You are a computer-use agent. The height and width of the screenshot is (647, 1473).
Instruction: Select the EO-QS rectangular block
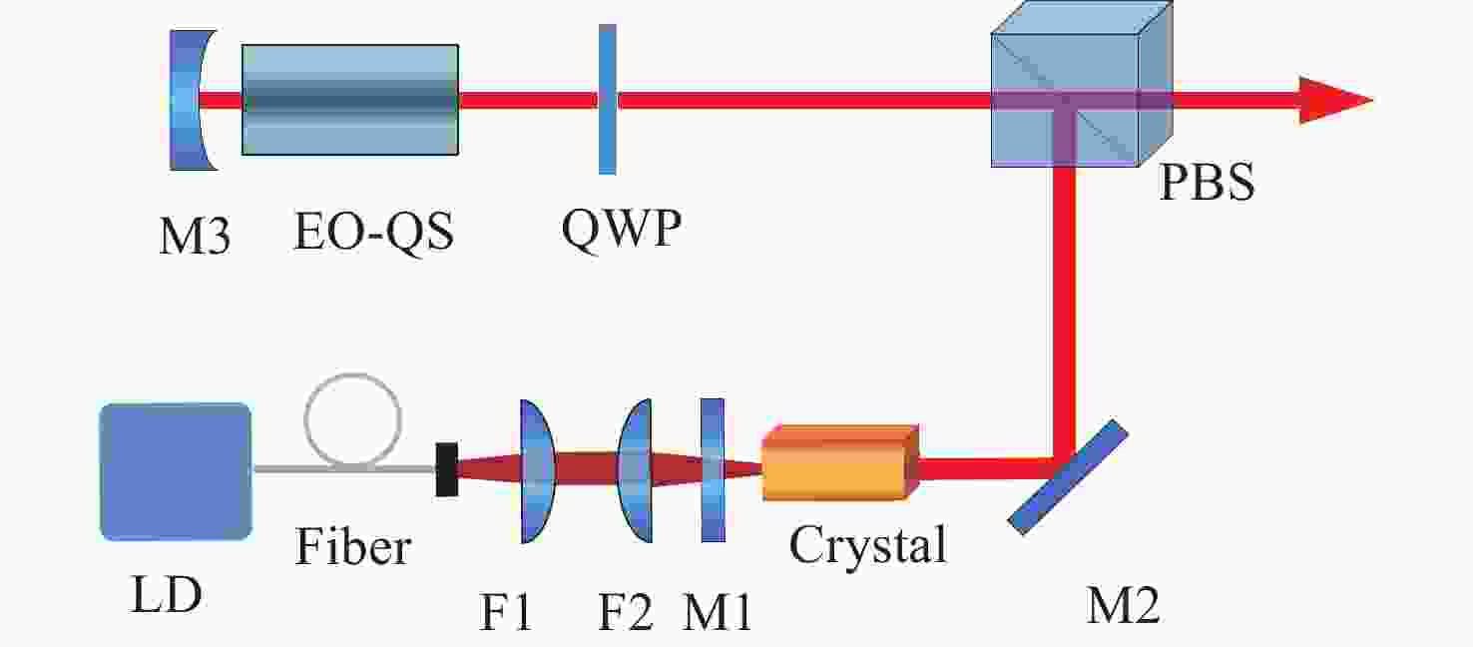(x=350, y=100)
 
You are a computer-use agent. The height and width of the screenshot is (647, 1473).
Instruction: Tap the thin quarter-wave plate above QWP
(x=608, y=100)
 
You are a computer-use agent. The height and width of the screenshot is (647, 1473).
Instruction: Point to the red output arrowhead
(x=1335, y=100)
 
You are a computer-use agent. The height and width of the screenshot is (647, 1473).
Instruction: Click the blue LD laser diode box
(x=176, y=471)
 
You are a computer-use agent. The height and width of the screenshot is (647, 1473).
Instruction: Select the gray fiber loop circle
(x=352, y=420)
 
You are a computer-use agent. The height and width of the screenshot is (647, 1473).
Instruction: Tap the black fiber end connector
(x=447, y=469)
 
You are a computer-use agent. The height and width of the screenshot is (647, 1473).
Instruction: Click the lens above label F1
(x=537, y=471)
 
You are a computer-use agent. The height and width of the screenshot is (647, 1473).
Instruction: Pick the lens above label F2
(x=636, y=470)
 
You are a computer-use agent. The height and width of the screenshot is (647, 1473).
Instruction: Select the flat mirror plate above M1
(x=713, y=470)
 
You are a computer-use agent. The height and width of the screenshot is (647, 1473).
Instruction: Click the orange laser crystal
(x=840, y=463)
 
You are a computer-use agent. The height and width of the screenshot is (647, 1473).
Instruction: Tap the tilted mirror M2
(x=1068, y=477)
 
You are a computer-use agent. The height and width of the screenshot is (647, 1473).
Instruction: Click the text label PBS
(x=1208, y=183)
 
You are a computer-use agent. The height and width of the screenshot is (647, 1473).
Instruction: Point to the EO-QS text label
(x=373, y=233)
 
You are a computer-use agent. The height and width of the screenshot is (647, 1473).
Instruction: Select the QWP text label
(x=622, y=229)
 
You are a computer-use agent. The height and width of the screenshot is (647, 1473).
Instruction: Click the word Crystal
(x=868, y=545)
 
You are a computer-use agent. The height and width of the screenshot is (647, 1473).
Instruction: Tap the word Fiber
(x=353, y=545)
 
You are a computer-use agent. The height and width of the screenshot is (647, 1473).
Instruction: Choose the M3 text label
(x=195, y=237)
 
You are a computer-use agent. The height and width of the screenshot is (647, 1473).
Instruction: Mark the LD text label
(x=167, y=594)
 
